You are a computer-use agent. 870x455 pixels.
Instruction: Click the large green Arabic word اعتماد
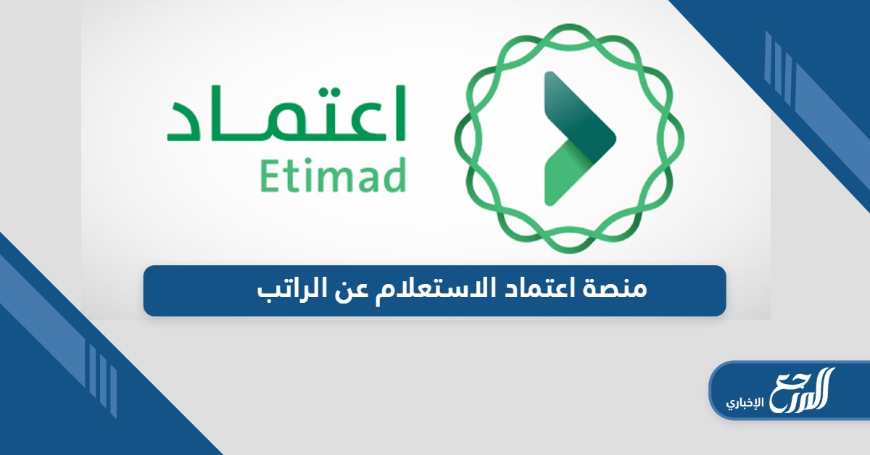click(x=286, y=116)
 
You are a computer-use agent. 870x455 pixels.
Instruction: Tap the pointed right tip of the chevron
click(x=613, y=135)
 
